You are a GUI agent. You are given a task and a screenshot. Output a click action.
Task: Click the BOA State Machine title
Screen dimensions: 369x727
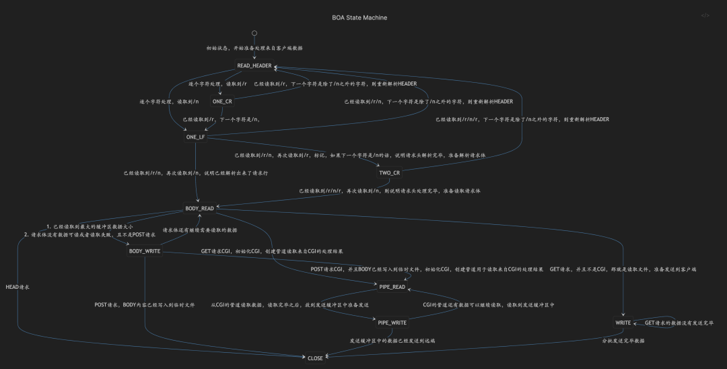click(359, 18)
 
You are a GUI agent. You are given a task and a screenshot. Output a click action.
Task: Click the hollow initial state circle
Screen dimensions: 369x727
click(254, 33)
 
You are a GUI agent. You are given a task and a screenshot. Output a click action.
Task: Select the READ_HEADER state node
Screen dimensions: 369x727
click(254, 66)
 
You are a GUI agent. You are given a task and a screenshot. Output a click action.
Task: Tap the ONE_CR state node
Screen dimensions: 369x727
click(222, 102)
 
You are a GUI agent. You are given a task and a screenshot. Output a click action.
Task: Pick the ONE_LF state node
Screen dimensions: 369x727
click(196, 137)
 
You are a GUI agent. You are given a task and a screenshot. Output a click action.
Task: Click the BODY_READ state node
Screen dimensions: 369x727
click(199, 209)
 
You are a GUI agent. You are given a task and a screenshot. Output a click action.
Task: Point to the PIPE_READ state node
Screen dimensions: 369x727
click(392, 287)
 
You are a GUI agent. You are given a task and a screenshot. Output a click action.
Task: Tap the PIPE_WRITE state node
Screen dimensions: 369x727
click(392, 323)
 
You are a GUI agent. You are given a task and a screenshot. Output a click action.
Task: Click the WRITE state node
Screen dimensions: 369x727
click(623, 323)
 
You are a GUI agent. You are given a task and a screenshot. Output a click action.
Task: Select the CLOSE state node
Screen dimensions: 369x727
click(315, 358)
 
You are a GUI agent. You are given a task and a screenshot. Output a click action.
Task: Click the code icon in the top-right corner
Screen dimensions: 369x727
click(705, 15)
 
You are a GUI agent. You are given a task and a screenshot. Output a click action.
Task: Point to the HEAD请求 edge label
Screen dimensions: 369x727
click(18, 287)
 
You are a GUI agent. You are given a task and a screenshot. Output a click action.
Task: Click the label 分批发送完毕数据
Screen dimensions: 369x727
click(623, 341)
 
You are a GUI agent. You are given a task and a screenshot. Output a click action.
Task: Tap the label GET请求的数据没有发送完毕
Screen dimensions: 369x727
click(679, 323)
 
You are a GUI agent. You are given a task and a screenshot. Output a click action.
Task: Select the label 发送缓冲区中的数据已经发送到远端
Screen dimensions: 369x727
click(392, 341)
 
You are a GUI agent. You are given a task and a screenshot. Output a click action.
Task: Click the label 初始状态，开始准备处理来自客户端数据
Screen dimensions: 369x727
click(254, 48)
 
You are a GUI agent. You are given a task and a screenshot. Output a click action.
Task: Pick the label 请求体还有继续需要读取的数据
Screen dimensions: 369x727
click(200, 230)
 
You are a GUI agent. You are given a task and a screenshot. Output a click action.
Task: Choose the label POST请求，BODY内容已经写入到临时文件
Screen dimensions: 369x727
click(145, 305)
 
